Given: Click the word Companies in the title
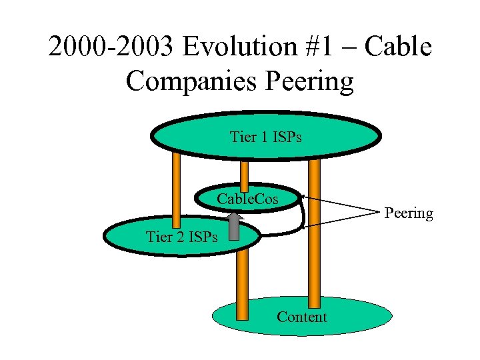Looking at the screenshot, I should coord(191,81).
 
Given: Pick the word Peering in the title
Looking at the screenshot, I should coord(309,81).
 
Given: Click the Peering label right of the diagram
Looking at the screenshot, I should coord(408,213).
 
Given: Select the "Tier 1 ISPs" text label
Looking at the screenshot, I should coord(265,137).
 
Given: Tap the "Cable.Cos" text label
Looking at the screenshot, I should coord(248,199).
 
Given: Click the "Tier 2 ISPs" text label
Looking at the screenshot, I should coord(181,237).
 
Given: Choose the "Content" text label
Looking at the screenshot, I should coord(301,317).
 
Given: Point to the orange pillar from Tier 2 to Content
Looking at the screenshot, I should coord(242,280).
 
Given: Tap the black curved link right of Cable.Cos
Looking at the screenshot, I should coord(303,213).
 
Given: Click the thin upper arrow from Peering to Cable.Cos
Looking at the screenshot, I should coord(340,203).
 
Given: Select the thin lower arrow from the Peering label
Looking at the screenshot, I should coord(340,221).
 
